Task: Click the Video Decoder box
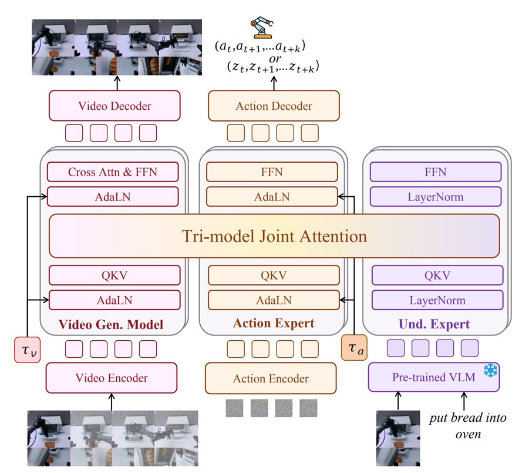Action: click(114, 106)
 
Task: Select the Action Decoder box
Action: click(274, 106)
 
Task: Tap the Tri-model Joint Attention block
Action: click(274, 236)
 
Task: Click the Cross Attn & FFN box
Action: click(113, 172)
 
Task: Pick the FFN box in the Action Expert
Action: click(272, 172)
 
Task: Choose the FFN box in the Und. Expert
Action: click(436, 172)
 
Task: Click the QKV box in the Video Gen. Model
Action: click(114, 275)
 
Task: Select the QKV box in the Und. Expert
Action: click(437, 275)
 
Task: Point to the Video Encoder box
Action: click(112, 378)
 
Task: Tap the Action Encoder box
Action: click(271, 378)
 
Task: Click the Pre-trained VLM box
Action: click(434, 377)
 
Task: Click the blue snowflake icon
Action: click(490, 370)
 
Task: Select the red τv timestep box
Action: click(28, 350)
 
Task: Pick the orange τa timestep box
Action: click(354, 347)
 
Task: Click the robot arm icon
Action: click(262, 27)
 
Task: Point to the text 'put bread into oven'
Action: click(468, 426)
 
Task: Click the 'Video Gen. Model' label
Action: click(110, 324)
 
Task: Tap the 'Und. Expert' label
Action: click(434, 324)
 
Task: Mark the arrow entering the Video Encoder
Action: click(112, 402)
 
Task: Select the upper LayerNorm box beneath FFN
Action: click(436, 196)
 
